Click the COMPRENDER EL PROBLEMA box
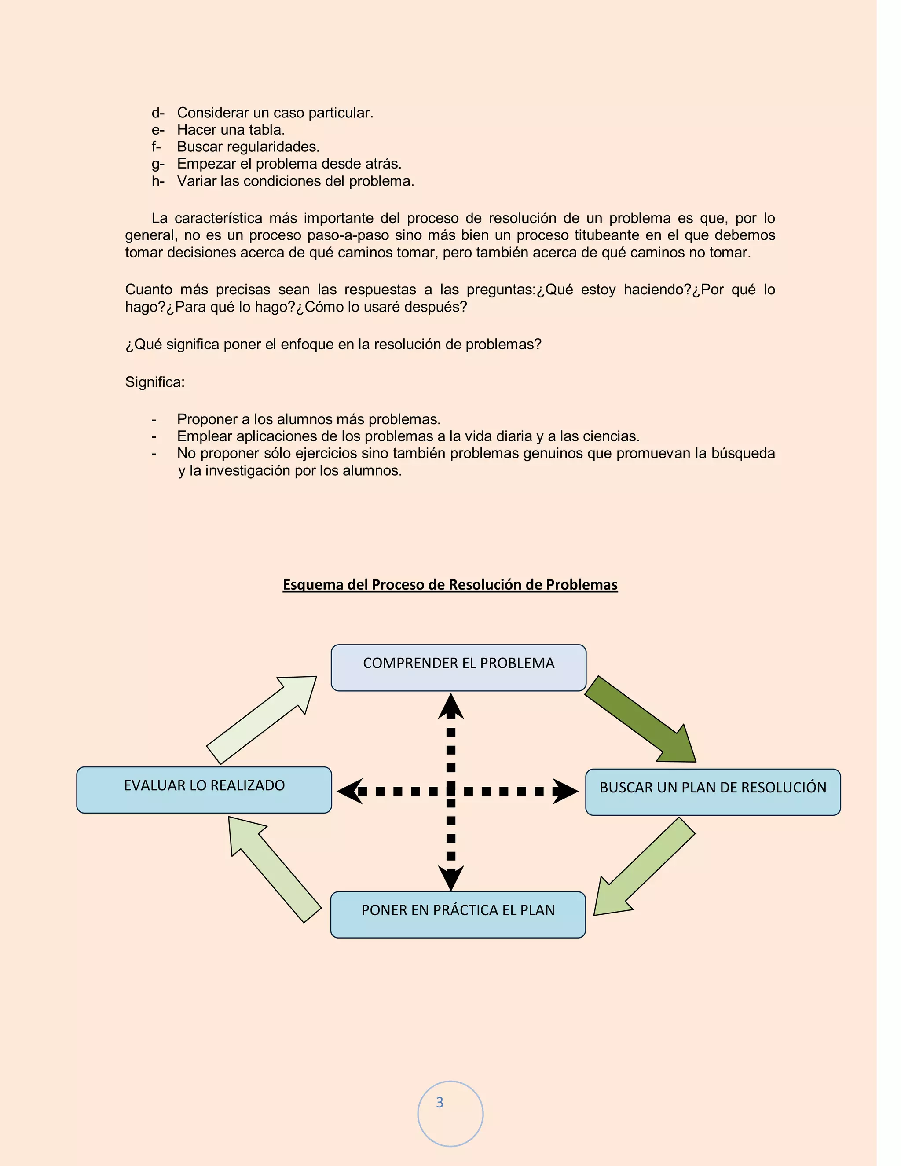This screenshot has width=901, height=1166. point(458,667)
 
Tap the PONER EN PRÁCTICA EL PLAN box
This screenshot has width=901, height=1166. point(458,915)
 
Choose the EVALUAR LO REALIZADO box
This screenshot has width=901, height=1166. point(204,790)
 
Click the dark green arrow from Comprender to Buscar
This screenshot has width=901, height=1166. point(641,718)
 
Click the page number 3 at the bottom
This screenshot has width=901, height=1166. point(440,1103)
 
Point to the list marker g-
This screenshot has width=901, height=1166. point(157,164)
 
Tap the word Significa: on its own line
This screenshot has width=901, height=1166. point(155,382)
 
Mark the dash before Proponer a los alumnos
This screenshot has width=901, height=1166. point(154,420)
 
